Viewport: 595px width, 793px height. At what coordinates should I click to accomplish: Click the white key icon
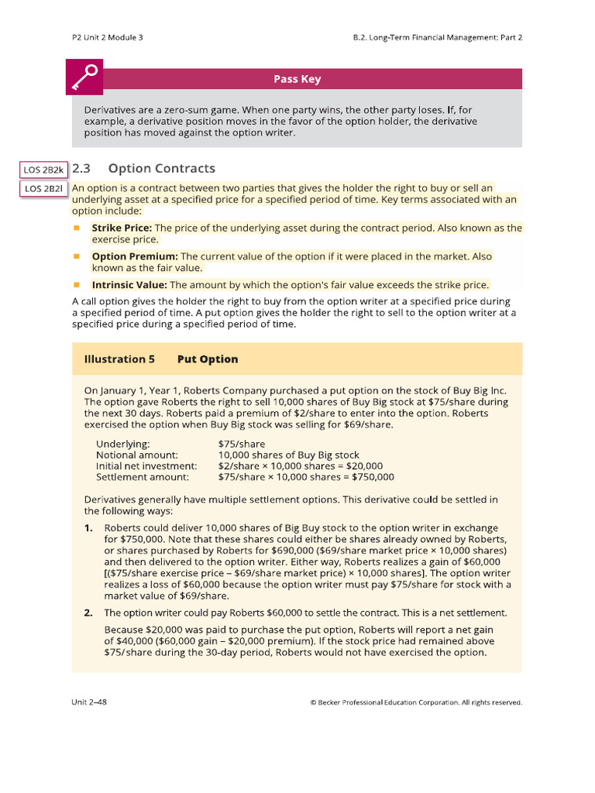[87, 78]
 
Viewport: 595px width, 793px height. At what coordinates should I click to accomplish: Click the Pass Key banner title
[297, 79]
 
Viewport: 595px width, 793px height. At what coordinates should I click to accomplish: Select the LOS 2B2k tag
[43, 169]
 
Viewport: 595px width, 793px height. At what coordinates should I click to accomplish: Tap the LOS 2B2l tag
[43, 188]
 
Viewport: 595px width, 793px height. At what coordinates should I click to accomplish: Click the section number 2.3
[81, 169]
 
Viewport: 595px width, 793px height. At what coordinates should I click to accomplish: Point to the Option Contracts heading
[161, 169]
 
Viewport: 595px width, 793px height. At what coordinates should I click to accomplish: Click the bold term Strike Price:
[122, 228]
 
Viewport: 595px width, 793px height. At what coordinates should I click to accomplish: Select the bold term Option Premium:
[135, 256]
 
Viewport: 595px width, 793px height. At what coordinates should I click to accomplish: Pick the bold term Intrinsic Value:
[129, 285]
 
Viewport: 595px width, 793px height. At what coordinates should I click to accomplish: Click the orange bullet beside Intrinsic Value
[77, 285]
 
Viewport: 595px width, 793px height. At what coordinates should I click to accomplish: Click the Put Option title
[207, 359]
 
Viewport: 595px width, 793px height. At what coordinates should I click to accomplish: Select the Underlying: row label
[123, 444]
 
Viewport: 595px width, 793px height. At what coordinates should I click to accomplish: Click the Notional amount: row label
[137, 455]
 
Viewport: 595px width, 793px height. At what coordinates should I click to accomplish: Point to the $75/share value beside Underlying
[242, 444]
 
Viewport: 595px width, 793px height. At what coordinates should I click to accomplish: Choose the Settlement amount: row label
[143, 476]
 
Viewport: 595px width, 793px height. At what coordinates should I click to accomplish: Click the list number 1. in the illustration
[88, 528]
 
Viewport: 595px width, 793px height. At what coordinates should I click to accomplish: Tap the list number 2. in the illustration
[88, 613]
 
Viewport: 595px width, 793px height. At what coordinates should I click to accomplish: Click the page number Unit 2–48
[95, 702]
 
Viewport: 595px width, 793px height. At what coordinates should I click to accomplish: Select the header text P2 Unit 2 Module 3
[107, 37]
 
